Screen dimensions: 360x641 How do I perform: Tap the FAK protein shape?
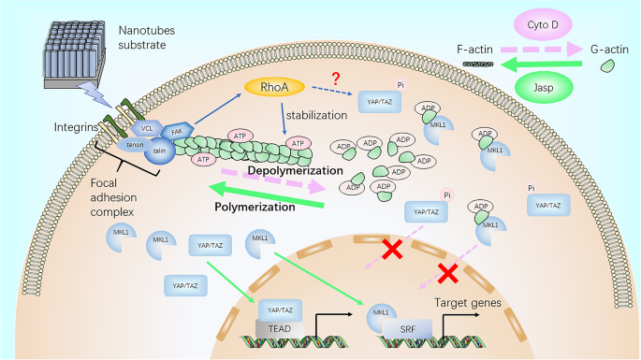(x=178, y=135)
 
